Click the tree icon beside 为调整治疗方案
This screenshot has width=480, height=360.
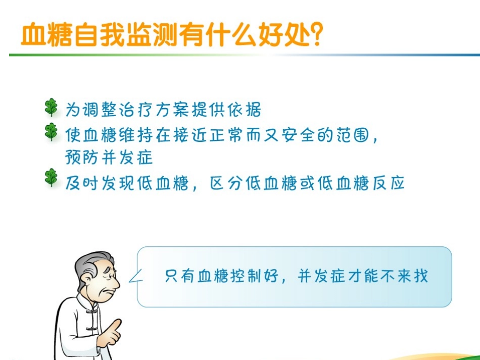point(51,108)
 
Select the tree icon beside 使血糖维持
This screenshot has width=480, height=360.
point(51,132)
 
